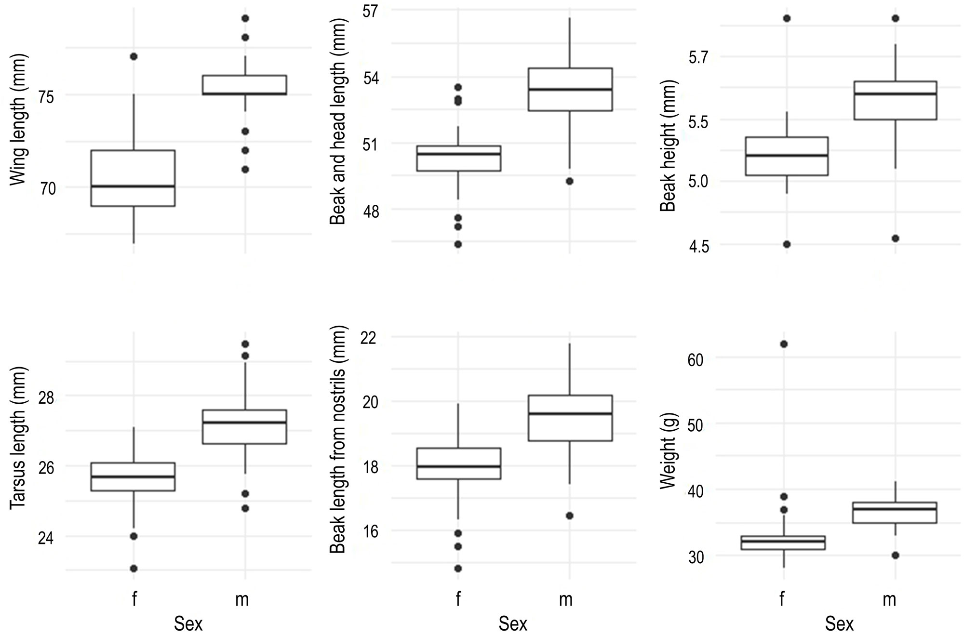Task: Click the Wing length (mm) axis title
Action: click(x=18, y=119)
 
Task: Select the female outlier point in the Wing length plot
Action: click(x=134, y=56)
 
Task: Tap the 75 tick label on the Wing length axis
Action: click(x=46, y=96)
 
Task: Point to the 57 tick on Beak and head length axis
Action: click(x=371, y=11)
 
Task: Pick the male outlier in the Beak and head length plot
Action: click(x=569, y=181)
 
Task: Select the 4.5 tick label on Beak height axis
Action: click(x=699, y=247)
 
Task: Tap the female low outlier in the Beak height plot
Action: click(x=787, y=244)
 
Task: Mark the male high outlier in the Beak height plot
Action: click(x=895, y=18)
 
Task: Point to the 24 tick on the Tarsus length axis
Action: click(x=46, y=538)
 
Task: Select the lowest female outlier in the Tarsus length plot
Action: click(x=134, y=569)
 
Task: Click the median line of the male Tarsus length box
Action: click(x=244, y=423)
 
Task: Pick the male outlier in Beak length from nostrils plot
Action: click(x=569, y=516)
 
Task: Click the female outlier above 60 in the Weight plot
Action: click(x=784, y=344)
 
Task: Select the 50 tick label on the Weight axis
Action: click(x=696, y=425)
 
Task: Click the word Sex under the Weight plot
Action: click(x=839, y=623)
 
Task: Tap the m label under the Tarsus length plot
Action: click(x=242, y=600)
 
